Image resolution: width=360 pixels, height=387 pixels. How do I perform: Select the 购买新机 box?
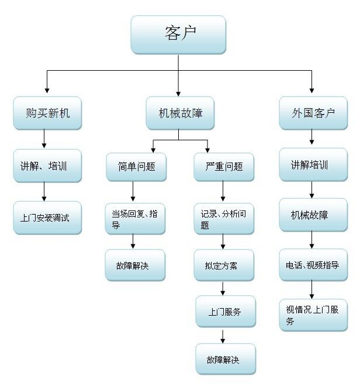pyautogui.click(x=47, y=113)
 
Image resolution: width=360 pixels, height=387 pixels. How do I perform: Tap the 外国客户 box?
pyautogui.click(x=313, y=113)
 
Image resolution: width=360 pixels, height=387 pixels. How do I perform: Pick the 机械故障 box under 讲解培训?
pyautogui.click(x=313, y=215)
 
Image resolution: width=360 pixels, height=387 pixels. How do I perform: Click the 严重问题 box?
pyautogui.click(x=224, y=167)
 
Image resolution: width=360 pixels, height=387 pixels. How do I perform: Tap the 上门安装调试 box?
pyautogui.click(x=47, y=219)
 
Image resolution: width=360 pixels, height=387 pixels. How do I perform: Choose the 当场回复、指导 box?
pyautogui.click(x=134, y=219)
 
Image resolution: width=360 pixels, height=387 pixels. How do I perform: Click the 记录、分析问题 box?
pyautogui.click(x=224, y=219)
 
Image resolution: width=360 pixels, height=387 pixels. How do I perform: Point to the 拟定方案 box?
pyautogui.click(x=224, y=266)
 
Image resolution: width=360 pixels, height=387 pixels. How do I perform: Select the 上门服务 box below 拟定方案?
pyautogui.click(x=226, y=312)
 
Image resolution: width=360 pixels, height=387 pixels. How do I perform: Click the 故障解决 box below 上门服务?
pyautogui.click(x=226, y=359)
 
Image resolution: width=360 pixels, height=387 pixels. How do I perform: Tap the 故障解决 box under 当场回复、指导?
pyautogui.click(x=134, y=265)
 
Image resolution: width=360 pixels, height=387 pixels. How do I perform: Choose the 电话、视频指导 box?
pyautogui.click(x=313, y=265)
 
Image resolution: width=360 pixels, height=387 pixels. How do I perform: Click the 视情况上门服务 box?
pyautogui.click(x=313, y=315)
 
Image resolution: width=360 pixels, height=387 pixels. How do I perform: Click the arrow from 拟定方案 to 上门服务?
pyautogui.click(x=223, y=289)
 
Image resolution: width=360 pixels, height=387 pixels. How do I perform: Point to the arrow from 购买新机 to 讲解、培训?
pyautogui.click(x=44, y=139)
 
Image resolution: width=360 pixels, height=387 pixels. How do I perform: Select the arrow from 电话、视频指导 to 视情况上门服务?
pyautogui.click(x=311, y=290)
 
